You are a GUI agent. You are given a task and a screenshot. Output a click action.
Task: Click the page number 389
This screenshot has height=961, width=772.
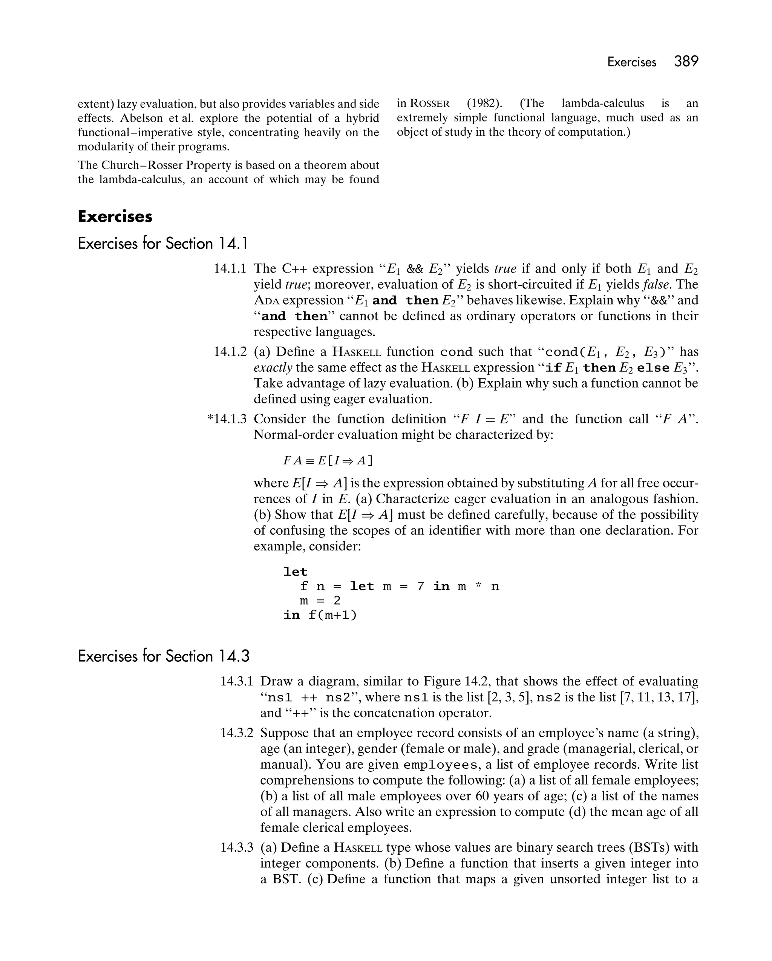686,61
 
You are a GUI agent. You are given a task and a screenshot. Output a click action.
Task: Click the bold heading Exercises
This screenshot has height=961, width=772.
115,217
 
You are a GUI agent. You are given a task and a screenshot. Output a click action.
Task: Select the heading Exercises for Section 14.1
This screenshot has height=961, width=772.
163,244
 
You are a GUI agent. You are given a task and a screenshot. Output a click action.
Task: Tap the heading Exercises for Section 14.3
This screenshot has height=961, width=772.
163,657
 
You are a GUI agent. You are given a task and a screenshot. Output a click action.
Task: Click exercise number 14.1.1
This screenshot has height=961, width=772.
230,269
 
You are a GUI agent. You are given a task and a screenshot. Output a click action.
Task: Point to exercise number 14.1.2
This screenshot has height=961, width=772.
230,352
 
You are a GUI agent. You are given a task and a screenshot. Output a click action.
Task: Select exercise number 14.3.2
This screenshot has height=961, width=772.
236,733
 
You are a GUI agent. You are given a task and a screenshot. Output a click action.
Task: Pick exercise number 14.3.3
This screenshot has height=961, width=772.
236,848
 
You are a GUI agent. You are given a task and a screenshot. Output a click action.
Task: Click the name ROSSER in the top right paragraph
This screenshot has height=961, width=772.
430,104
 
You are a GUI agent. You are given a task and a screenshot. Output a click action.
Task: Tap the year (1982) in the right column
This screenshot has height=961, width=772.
484,103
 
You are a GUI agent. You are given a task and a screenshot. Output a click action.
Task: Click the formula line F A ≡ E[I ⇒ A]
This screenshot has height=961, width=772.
328,460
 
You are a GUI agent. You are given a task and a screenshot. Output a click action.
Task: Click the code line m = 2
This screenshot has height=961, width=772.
320,601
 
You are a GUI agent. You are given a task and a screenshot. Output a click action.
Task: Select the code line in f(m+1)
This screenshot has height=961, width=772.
320,616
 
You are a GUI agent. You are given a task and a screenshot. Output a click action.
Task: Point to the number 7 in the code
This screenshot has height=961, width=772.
420,586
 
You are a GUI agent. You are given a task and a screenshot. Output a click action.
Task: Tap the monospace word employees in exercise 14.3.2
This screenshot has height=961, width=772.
440,765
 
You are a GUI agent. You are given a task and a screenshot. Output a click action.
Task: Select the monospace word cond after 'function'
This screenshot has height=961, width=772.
456,352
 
